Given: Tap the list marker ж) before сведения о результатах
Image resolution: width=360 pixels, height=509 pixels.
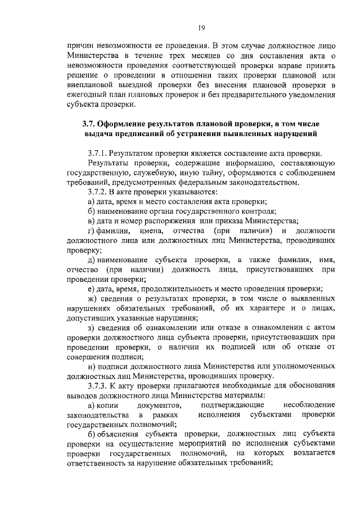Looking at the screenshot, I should [x=93, y=299].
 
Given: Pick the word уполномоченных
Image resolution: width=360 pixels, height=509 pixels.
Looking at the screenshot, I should [x=303, y=366].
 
